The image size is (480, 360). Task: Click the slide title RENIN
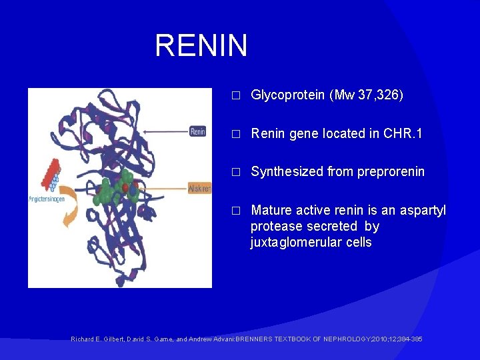pyautogui.click(x=201, y=46)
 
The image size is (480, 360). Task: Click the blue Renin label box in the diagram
pyautogui.click(x=198, y=131)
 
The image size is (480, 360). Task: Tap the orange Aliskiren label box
pyautogui.click(x=199, y=189)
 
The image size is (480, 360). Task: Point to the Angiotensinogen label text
pyautogui.click(x=51, y=199)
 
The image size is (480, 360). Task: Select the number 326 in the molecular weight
pyautogui.click(x=389, y=95)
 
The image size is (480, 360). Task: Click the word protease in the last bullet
pyautogui.click(x=275, y=227)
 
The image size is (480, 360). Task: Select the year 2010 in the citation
pyautogui.click(x=383, y=339)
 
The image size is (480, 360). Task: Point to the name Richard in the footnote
pyautogui.click(x=82, y=339)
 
